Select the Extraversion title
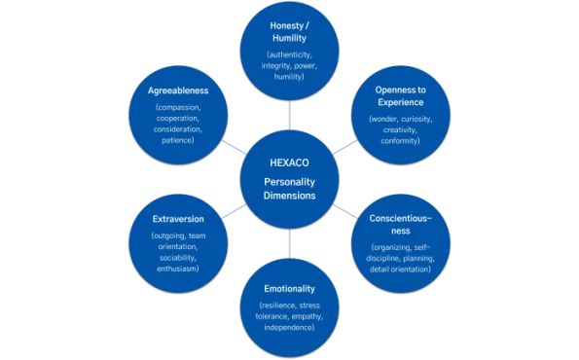[178, 219]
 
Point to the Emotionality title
[290, 289]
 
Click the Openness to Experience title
[401, 95]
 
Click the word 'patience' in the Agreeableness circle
[178, 140]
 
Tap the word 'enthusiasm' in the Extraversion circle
[178, 270]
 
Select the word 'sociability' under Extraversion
[178, 258]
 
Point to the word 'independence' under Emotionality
[289, 327]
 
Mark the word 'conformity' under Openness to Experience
[401, 141]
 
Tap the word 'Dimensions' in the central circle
[289, 195]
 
